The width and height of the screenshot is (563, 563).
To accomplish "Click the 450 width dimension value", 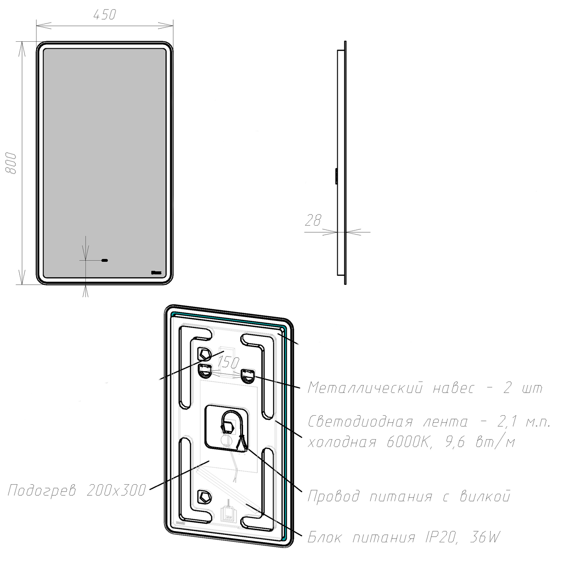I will coord(104,15).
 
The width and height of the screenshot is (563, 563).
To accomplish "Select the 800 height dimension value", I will coord(13,163).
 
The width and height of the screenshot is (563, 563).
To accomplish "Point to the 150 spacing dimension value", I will coord(228,362).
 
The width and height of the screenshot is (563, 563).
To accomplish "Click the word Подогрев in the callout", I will coord(44,491).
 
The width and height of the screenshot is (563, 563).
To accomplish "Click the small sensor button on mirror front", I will coord(104,259).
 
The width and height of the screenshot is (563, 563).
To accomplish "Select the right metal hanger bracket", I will coord(248,375).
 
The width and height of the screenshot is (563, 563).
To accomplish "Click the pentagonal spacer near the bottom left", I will coord(204,495).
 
